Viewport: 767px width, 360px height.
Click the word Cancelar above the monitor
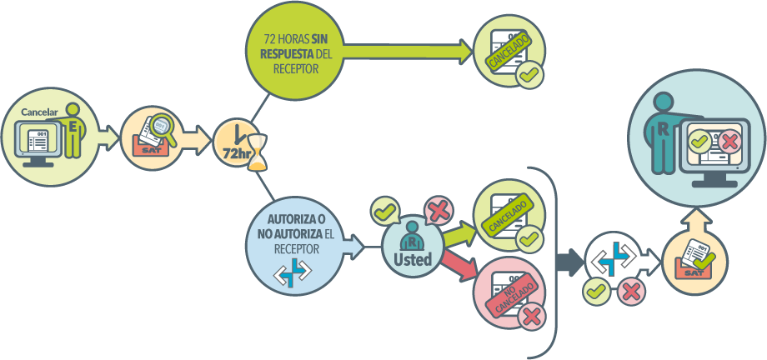pyautogui.click(x=39, y=112)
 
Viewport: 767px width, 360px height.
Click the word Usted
pyautogui.click(x=413, y=259)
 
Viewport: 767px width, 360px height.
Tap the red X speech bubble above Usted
pyautogui.click(x=439, y=211)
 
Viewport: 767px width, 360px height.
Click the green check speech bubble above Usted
pyautogui.click(x=385, y=212)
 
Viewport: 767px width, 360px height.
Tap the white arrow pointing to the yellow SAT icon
pyautogui.click(x=650, y=262)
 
